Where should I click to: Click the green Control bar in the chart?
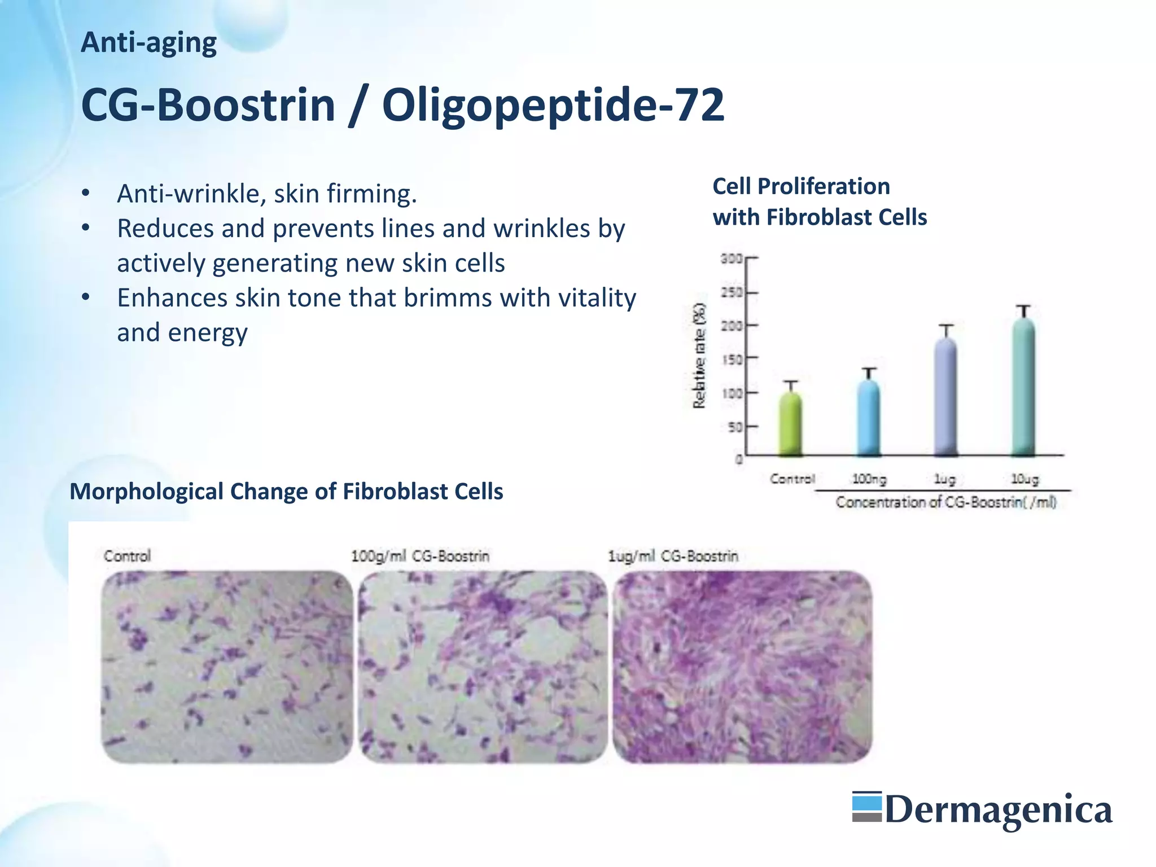[x=791, y=423]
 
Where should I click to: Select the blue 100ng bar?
[x=869, y=418]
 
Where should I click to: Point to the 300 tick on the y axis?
[x=732, y=259]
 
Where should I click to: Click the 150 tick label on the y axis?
[x=732, y=360]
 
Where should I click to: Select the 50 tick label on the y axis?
[x=735, y=427]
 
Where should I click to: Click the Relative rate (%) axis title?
[x=699, y=356]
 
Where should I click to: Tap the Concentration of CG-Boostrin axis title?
[x=945, y=502]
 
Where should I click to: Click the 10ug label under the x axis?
[x=1024, y=479]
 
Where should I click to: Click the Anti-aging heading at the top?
[x=148, y=43]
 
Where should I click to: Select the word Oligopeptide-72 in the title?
[x=553, y=105]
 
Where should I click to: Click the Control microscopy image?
[x=227, y=667]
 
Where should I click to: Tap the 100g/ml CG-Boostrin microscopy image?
[x=483, y=667]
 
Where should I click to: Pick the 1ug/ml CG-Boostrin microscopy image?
[x=742, y=667]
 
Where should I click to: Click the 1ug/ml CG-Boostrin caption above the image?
[x=673, y=556]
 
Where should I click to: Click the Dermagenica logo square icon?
[x=866, y=807]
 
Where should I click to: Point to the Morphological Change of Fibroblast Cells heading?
[x=286, y=492]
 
